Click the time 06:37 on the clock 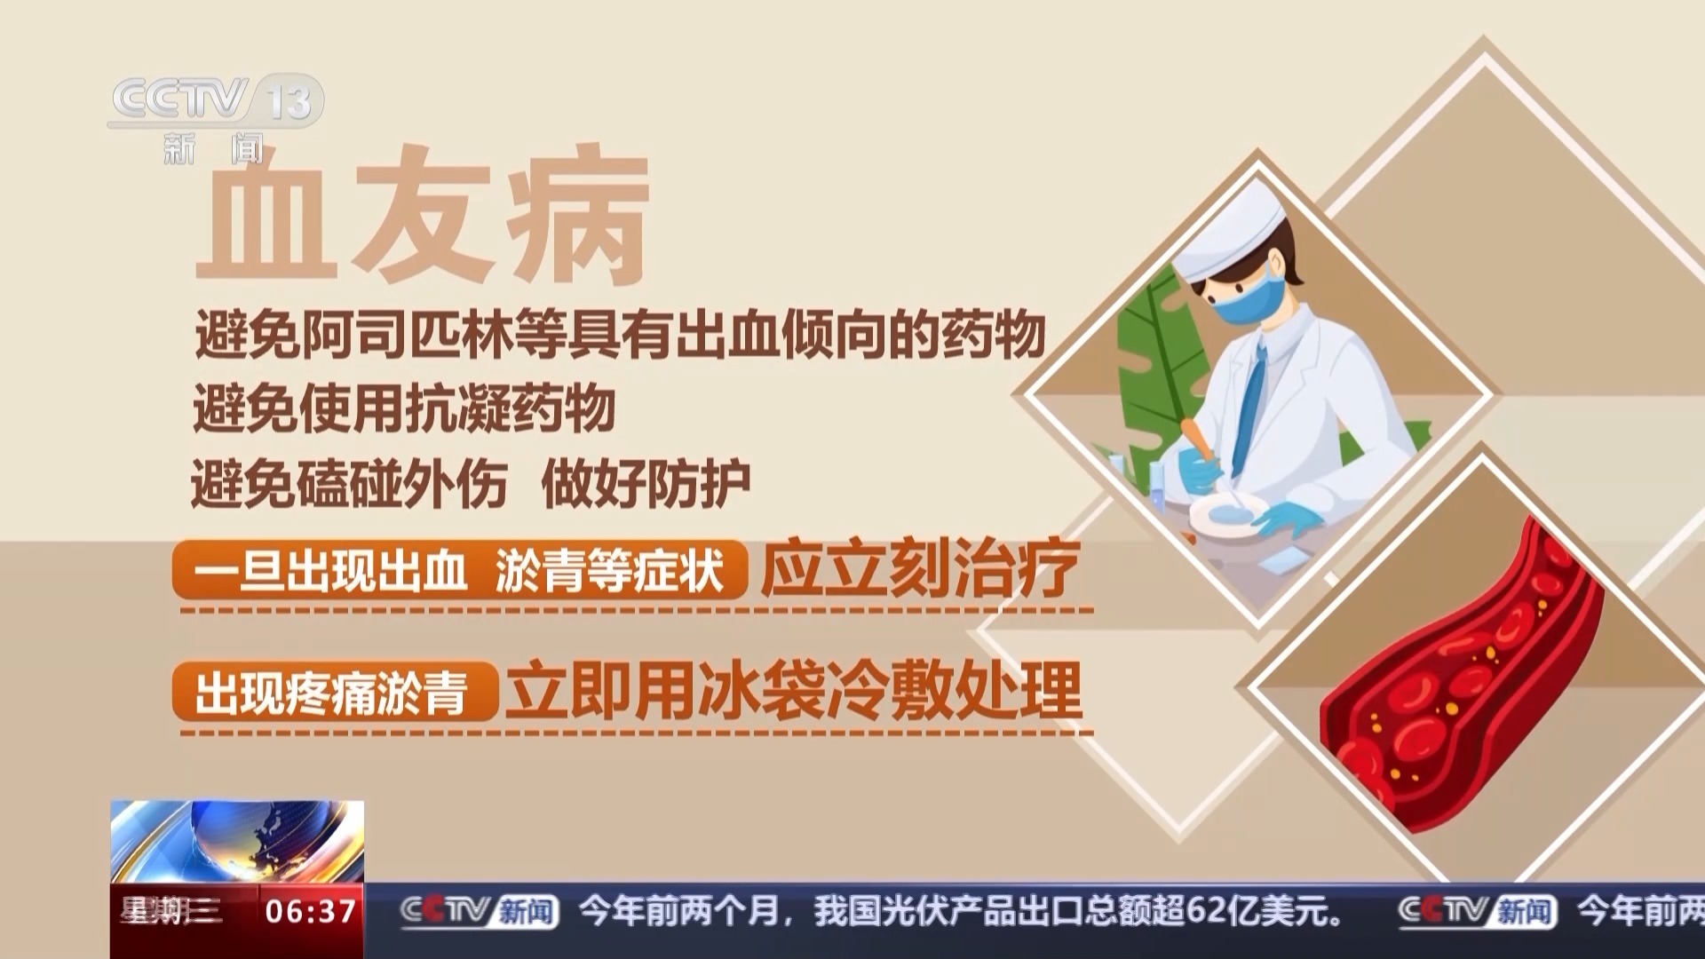[x=310, y=912]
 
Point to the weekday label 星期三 [x=171, y=912]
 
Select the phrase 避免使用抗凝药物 [x=404, y=408]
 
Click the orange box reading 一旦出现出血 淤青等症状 [x=459, y=569]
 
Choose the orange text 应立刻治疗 [x=920, y=568]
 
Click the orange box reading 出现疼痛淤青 [x=335, y=692]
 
